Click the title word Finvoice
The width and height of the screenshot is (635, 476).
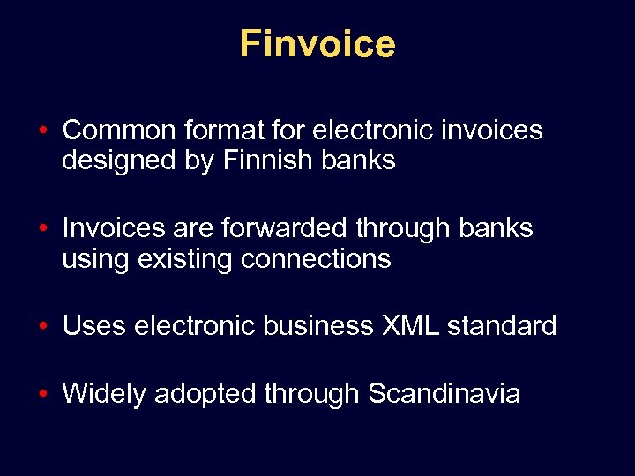point(317,44)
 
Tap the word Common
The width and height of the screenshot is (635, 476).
point(119,130)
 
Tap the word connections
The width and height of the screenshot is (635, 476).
point(316,259)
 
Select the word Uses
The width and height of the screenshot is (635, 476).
point(94,326)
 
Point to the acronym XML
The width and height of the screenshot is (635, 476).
point(410,326)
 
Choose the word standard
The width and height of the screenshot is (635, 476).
point(502,326)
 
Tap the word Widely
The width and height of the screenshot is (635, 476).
point(104,393)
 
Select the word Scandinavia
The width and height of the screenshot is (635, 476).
point(444,393)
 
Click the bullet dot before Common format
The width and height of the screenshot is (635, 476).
point(43,131)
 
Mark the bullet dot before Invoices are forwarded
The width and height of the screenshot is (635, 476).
point(43,228)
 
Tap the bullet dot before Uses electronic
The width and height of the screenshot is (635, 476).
point(43,327)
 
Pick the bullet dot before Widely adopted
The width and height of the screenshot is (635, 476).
point(43,394)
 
